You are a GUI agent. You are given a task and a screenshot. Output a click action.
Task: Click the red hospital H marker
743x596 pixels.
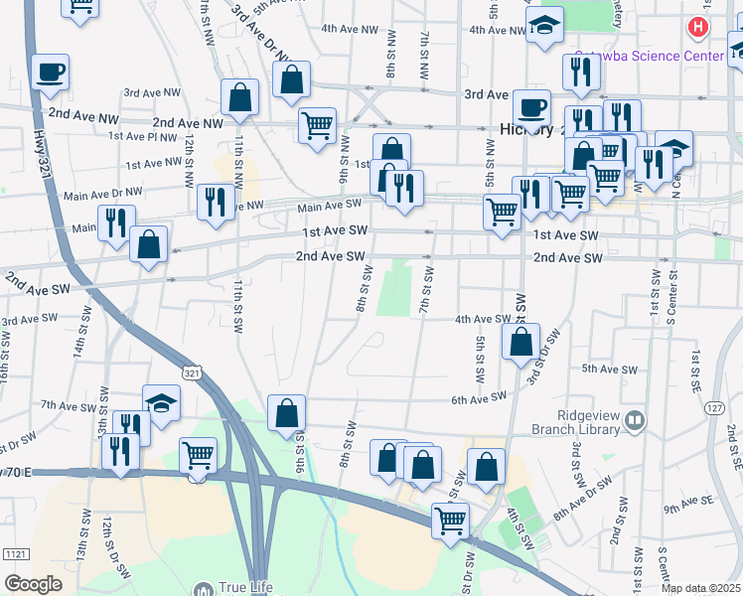(x=699, y=27)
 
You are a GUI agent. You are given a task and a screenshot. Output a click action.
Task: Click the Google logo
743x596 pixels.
(x=33, y=584)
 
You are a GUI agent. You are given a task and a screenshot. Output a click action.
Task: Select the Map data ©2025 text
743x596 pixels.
(x=701, y=588)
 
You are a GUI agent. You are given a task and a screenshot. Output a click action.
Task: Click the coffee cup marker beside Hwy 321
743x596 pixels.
(x=50, y=73)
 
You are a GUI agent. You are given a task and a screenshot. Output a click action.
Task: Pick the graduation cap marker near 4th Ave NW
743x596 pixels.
(x=544, y=28)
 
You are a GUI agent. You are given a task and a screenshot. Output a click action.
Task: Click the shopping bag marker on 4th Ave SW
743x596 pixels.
(x=521, y=343)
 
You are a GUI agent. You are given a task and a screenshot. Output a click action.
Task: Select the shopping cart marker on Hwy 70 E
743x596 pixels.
(x=198, y=456)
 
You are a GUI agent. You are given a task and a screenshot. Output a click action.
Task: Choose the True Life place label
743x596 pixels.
(x=246, y=587)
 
